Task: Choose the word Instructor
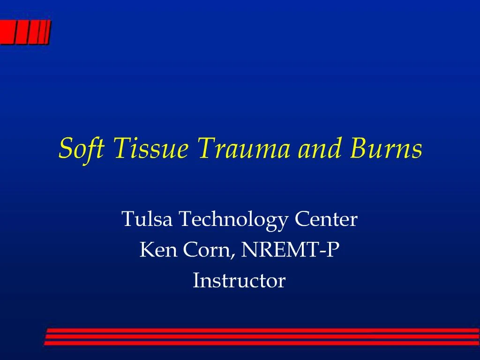pos(239,281)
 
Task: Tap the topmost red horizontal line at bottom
pos(262,330)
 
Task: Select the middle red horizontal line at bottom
pos(262,337)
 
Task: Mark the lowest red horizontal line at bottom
pos(262,343)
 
